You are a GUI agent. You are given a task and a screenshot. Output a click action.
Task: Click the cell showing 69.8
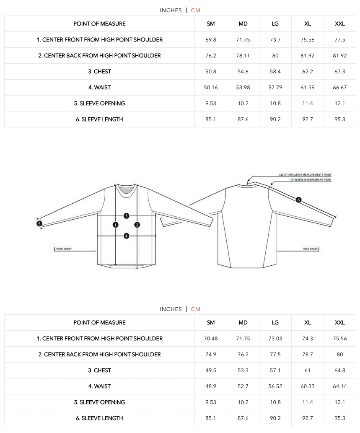(x=211, y=40)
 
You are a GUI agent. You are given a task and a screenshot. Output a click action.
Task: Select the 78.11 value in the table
(x=243, y=56)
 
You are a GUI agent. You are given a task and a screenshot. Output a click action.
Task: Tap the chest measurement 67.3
(x=340, y=72)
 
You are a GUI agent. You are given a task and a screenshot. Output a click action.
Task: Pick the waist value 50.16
(x=211, y=88)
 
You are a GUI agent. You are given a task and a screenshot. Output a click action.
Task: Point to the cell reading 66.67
(x=340, y=88)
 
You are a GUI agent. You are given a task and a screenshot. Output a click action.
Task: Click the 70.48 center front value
(x=211, y=339)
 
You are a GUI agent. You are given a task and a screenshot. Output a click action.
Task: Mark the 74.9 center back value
(x=211, y=355)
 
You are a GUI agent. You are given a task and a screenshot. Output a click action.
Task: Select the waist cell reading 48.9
(x=211, y=386)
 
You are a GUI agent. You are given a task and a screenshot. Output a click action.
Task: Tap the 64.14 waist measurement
(x=340, y=386)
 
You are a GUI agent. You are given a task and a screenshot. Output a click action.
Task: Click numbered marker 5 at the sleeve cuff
(x=39, y=224)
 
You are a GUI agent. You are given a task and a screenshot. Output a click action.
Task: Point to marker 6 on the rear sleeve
(x=298, y=200)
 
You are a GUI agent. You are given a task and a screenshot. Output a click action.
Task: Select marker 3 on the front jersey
(x=126, y=216)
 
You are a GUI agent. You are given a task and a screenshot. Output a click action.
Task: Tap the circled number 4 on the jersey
(x=126, y=236)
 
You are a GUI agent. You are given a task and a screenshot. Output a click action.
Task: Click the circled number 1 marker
(x=115, y=225)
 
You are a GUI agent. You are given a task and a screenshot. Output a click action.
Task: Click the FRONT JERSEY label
(x=64, y=249)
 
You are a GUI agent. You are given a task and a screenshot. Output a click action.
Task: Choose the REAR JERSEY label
(x=311, y=249)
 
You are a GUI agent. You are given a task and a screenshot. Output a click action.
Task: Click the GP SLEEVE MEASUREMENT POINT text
(x=311, y=180)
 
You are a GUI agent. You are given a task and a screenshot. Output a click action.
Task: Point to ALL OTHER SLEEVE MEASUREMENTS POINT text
(x=305, y=175)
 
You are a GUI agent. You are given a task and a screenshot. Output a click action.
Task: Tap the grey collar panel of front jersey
(x=126, y=191)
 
